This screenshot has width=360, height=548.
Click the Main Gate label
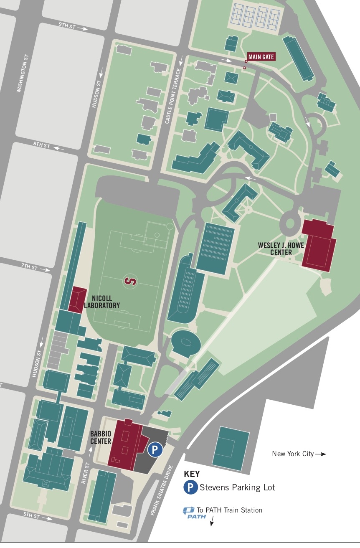[261, 57]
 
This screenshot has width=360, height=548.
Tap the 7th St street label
[29, 267]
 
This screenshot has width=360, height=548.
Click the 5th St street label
[31, 516]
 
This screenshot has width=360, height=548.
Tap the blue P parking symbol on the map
[155, 450]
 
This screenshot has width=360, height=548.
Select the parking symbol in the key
[191, 487]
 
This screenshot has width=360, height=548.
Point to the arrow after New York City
[321, 454]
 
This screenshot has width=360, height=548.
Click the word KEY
[192, 474]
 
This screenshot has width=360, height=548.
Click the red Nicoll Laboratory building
[77, 299]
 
